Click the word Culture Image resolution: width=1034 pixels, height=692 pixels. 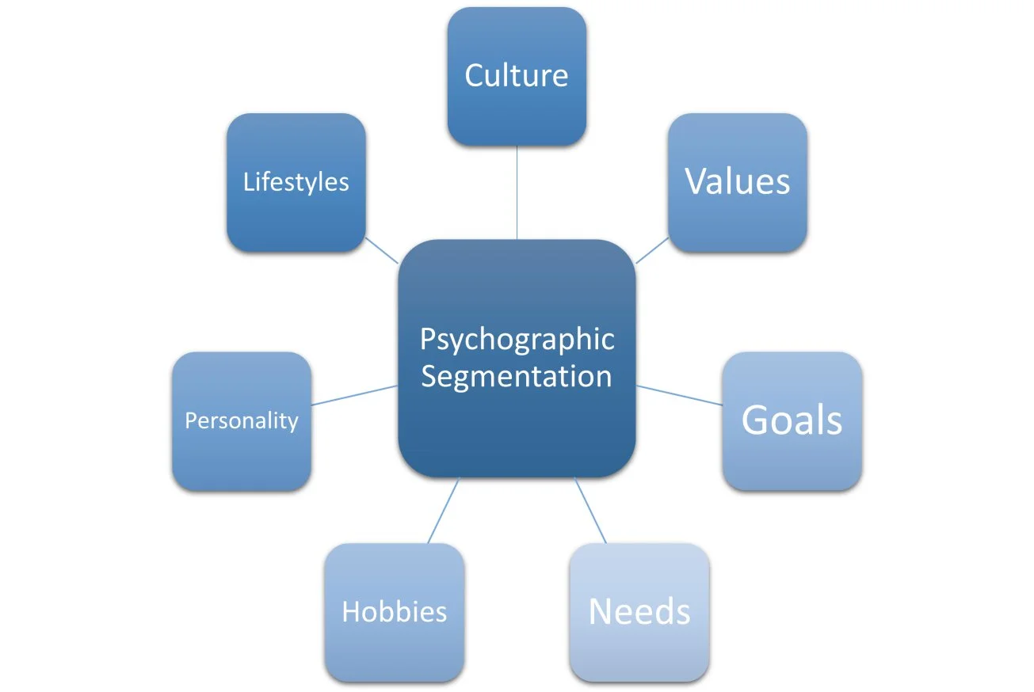517,75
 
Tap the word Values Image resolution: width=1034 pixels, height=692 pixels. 737,181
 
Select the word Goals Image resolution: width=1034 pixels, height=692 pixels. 792,420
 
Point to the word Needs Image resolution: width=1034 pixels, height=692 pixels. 639,611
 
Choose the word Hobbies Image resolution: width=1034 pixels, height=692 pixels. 394,612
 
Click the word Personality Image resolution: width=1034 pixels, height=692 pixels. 241,420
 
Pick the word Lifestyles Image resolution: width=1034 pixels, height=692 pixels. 296,182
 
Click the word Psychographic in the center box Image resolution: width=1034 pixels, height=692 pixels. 517,340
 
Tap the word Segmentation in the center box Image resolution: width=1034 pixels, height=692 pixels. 517,376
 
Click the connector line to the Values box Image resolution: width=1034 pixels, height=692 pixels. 651,251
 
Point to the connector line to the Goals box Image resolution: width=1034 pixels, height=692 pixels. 680,396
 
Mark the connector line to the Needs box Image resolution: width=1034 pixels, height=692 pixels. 590,511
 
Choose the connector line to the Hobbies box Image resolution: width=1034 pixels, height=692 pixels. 444,511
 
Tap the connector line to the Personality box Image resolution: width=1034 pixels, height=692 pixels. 354,395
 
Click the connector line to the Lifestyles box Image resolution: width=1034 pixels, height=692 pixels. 382,251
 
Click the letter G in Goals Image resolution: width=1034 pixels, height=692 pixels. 755,420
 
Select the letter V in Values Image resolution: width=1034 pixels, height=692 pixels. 696,181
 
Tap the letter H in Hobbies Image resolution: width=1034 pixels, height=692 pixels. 350,612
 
